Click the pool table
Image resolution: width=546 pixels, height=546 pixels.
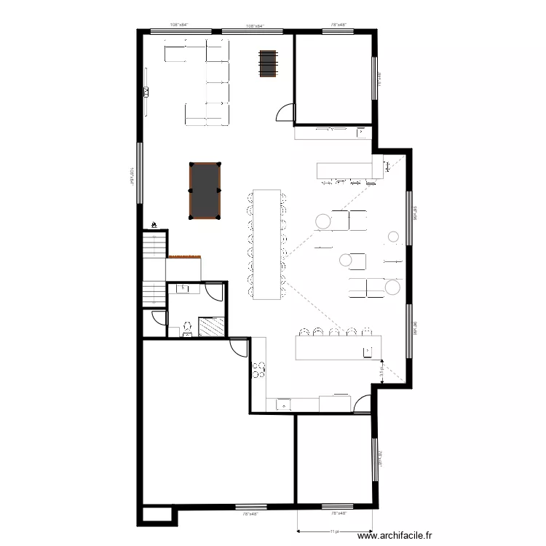tap(205, 190)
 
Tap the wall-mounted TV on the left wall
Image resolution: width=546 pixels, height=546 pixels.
tap(146, 92)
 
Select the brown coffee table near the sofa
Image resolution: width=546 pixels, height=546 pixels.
tap(268, 63)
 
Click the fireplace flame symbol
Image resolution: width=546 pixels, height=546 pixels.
tap(154, 225)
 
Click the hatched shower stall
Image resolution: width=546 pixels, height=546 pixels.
tap(211, 327)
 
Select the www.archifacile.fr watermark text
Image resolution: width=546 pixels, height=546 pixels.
tap(400, 537)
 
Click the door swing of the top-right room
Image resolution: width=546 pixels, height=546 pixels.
tap(286, 113)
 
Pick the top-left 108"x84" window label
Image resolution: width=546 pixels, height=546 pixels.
tap(178, 25)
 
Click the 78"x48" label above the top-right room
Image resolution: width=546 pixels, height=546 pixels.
tap(339, 25)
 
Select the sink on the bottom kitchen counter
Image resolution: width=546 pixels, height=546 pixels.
tap(282, 404)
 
